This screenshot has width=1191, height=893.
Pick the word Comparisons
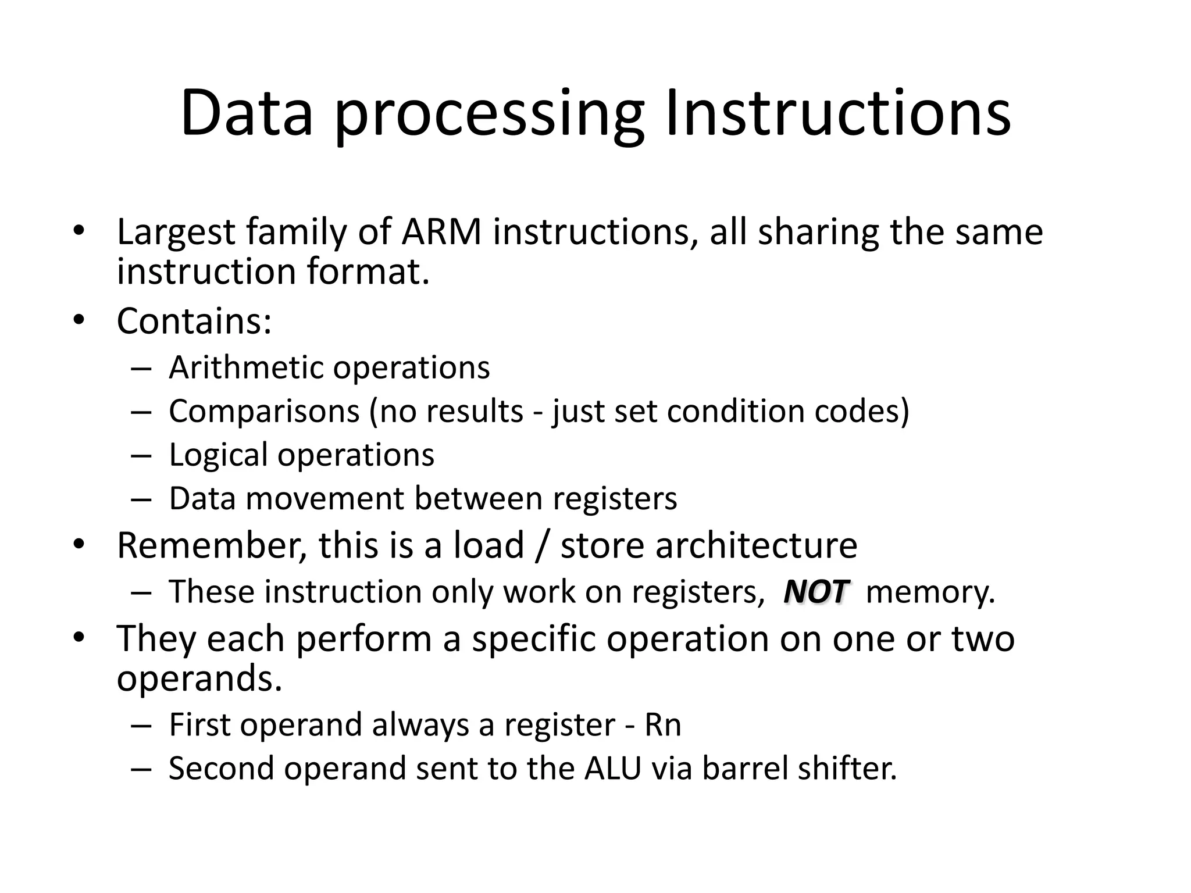(x=264, y=412)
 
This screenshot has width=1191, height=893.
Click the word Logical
(x=218, y=455)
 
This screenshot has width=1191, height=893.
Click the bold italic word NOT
(x=816, y=592)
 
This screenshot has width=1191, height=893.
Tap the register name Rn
(x=662, y=725)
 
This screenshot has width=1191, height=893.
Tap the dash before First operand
(x=141, y=726)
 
